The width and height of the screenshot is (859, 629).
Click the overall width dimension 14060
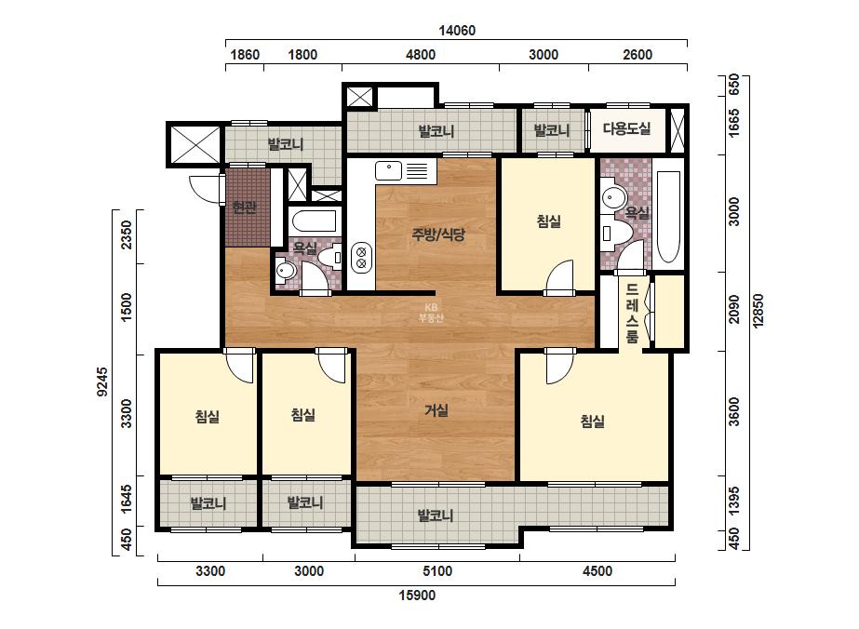pyautogui.click(x=457, y=31)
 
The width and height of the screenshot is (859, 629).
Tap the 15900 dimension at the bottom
pyautogui.click(x=417, y=595)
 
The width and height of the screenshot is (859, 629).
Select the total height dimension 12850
pyautogui.click(x=758, y=311)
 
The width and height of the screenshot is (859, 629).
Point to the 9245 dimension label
pyautogui.click(x=102, y=381)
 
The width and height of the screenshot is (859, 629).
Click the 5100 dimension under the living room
pyautogui.click(x=437, y=571)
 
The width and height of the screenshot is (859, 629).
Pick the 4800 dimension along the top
pyautogui.click(x=421, y=55)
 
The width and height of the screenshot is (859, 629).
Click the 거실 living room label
pyautogui.click(x=436, y=409)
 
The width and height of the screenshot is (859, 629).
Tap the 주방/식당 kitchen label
pyautogui.click(x=438, y=234)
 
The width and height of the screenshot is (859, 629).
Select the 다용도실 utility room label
pyautogui.click(x=626, y=128)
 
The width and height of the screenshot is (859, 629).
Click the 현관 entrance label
pyautogui.click(x=245, y=207)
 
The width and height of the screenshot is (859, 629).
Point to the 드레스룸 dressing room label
pyautogui.click(x=632, y=313)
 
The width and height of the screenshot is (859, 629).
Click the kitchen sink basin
pyautogui.click(x=388, y=170)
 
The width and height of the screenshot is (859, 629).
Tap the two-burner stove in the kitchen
pyautogui.click(x=362, y=258)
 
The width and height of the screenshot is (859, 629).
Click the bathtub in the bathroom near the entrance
pyautogui.click(x=314, y=221)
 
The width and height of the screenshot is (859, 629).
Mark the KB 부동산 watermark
pyautogui.click(x=431, y=313)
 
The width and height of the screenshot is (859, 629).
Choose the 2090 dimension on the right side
pyautogui.click(x=734, y=310)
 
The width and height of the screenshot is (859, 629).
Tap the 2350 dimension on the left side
pyautogui.click(x=127, y=234)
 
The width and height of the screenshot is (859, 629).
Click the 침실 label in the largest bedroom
pyautogui.click(x=592, y=422)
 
